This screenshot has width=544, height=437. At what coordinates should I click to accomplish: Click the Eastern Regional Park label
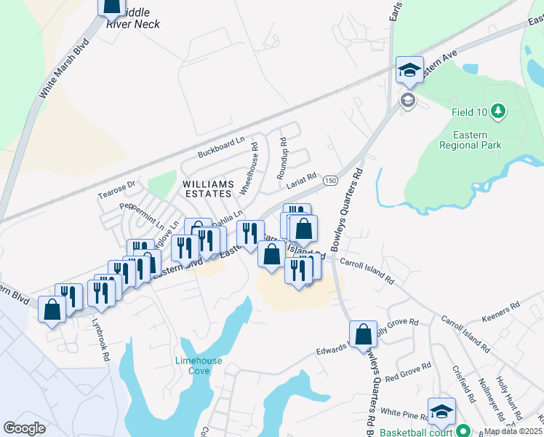(471, 140)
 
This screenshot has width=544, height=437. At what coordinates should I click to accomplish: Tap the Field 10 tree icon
(498, 111)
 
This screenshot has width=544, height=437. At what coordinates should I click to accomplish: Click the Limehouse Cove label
(193, 366)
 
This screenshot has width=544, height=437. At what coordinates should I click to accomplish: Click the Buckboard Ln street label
(221, 146)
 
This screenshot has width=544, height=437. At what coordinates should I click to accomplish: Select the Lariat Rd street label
(301, 179)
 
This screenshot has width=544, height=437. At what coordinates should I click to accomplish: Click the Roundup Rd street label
(283, 158)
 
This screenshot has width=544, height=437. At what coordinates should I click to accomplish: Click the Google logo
(25, 428)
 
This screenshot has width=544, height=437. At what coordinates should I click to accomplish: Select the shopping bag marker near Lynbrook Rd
(52, 310)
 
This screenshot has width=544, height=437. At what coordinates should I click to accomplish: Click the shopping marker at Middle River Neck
(112, 6)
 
